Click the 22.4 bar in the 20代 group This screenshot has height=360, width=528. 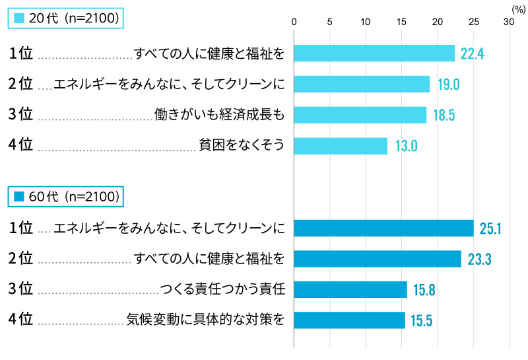click(x=374, y=54)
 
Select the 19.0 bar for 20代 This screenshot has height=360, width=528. click(x=362, y=84)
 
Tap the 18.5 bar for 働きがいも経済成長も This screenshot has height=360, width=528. click(x=360, y=115)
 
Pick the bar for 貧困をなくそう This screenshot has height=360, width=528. click(x=341, y=145)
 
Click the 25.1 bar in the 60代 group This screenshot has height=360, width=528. click(x=383, y=229)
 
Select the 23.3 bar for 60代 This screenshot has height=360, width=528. click(x=378, y=259)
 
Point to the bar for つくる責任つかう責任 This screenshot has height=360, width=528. click(x=350, y=289)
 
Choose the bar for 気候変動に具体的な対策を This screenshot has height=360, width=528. click(x=349, y=320)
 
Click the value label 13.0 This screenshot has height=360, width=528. click(x=406, y=146)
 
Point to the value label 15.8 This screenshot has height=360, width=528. click(x=425, y=290)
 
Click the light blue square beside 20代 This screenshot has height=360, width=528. click(x=18, y=18)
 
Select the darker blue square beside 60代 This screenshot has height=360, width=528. click(x=18, y=196)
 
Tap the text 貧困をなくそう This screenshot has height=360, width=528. click(x=242, y=145)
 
